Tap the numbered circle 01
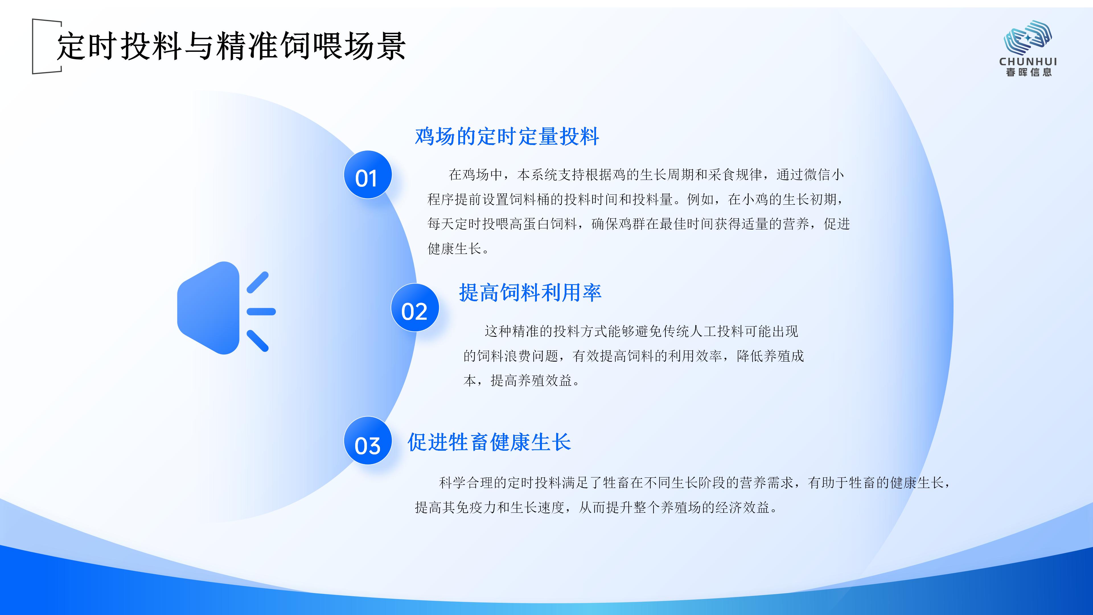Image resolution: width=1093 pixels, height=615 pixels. click(x=367, y=175)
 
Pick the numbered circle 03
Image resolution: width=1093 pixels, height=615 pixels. click(x=367, y=440)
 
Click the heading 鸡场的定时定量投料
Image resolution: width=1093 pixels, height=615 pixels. click(x=507, y=137)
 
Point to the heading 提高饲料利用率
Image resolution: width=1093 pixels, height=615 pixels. click(x=530, y=292)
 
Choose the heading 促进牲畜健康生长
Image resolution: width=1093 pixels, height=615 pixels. click(x=489, y=442)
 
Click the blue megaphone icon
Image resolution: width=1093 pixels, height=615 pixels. click(x=226, y=308)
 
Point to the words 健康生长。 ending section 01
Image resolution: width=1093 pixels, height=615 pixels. click(x=459, y=249)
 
